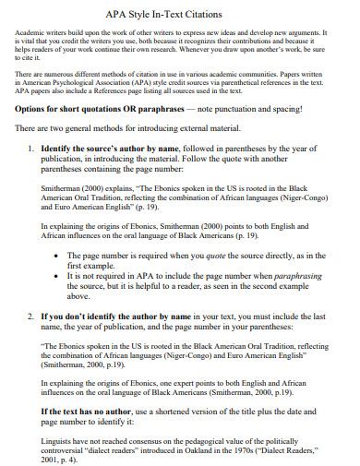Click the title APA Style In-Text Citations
tap(179, 14)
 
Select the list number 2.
tap(32, 314)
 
